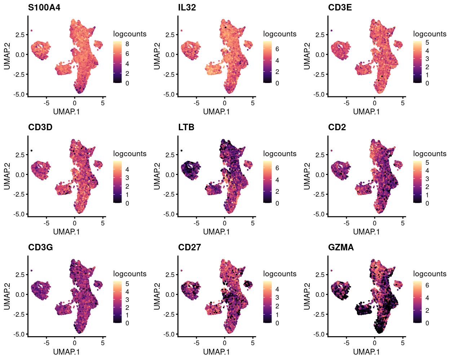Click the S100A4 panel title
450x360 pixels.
click(x=44, y=7)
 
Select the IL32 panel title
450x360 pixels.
click(x=187, y=7)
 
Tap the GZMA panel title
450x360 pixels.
click(x=341, y=247)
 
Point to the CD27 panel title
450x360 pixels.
click(x=189, y=247)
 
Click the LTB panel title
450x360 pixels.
click(x=186, y=127)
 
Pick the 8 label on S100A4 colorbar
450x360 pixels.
click(x=127, y=44)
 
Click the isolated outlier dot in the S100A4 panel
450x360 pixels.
click(x=31, y=31)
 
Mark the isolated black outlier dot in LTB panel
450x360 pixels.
click(x=181, y=150)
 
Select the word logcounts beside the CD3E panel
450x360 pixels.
click(x=429, y=34)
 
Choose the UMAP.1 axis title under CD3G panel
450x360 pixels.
click(x=66, y=352)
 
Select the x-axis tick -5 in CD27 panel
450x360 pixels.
click(x=197, y=343)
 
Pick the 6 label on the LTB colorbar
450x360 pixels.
click(x=277, y=168)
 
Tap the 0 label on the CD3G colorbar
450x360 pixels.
click(x=127, y=323)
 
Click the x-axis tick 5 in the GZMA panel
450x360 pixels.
click(x=403, y=343)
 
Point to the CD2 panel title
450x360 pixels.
click(x=337, y=127)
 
